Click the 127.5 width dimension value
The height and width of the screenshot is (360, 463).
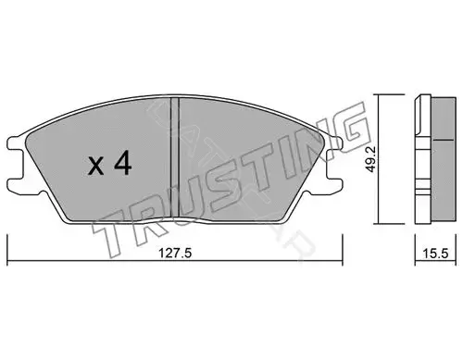tap(175, 254)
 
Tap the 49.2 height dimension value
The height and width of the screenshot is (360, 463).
tap(371, 159)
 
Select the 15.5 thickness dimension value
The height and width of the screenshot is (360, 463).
tap(435, 254)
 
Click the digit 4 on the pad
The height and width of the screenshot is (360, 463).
tap(123, 165)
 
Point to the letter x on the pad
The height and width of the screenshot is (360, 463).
tap(96, 167)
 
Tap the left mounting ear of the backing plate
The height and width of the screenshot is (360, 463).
tap(16, 165)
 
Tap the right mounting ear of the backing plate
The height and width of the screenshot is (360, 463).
tap(333, 165)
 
